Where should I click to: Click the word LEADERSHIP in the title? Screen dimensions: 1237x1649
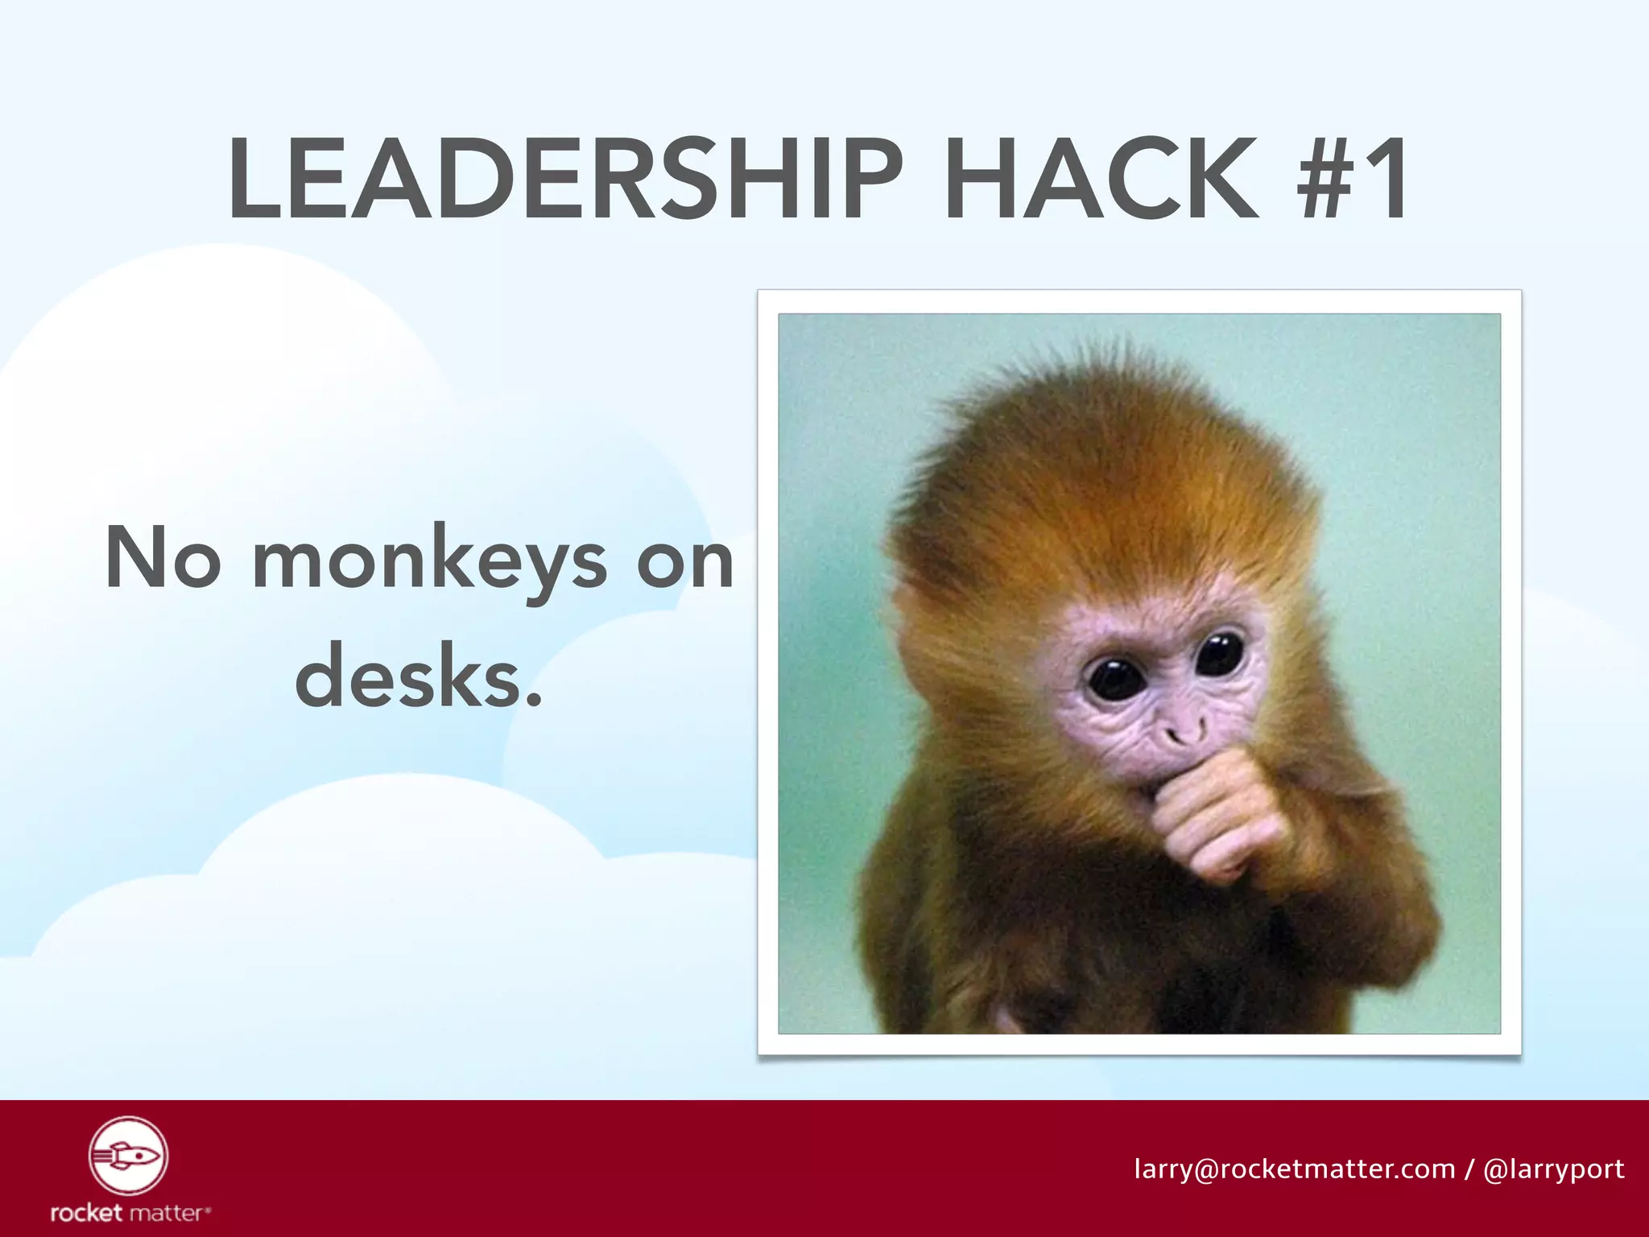pos(564,179)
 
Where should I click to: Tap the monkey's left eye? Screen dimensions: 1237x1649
pos(1114,676)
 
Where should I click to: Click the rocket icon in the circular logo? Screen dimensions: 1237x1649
pos(127,1156)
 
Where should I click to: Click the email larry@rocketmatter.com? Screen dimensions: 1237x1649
pos(1294,1169)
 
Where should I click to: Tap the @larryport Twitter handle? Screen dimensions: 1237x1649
pos(1553,1169)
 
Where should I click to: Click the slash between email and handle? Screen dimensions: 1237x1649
pos(1469,1169)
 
